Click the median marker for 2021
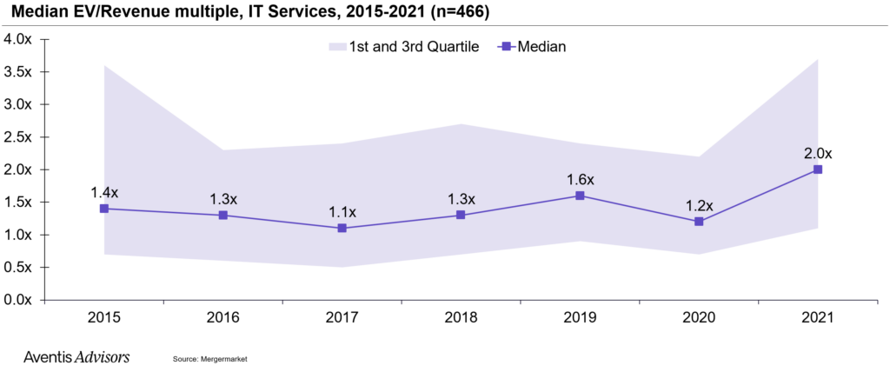(817, 169)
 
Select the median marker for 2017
(342, 228)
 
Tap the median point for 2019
(580, 196)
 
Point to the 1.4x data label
(104, 192)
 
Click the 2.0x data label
(817, 153)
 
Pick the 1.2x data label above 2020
(699, 206)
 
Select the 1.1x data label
(342, 211)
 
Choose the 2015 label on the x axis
(104, 319)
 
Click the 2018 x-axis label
(461, 319)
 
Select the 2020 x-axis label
(699, 319)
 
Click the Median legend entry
(541, 47)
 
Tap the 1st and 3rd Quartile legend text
(415, 47)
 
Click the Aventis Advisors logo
(77, 356)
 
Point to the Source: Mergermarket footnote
(211, 358)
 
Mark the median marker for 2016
(223, 215)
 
